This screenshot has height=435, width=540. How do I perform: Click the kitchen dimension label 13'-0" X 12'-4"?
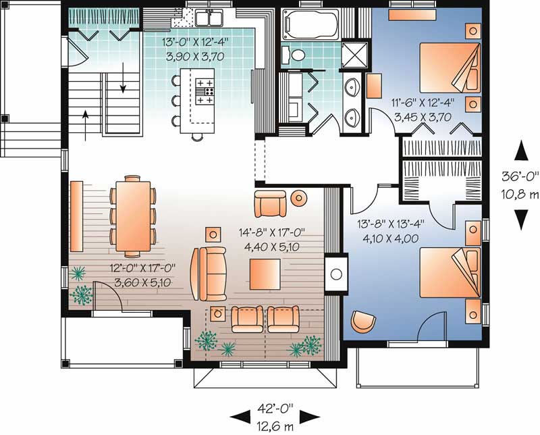196,43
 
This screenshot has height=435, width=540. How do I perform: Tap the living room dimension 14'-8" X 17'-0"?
272,232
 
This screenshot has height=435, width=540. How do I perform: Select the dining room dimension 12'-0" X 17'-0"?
142,268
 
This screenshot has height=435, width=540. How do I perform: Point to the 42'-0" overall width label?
275,409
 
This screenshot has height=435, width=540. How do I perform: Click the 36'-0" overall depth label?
520,176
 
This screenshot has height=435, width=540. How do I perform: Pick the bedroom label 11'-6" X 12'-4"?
423,103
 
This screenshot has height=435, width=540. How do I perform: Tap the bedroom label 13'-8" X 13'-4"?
390,224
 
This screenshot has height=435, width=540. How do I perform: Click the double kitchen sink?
209,18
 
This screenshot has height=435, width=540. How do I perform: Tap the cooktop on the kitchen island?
205,91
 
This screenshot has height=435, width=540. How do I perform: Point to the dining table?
133,216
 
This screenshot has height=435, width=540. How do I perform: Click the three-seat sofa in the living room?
209,274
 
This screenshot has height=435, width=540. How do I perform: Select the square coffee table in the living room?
265,274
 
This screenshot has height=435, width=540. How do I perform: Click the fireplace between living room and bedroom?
336,274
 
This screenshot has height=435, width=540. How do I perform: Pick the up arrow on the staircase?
86,125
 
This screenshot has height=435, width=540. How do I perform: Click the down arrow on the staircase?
123,78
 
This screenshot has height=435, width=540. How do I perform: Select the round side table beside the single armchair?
298,197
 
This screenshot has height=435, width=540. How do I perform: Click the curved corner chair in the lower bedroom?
363,322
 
